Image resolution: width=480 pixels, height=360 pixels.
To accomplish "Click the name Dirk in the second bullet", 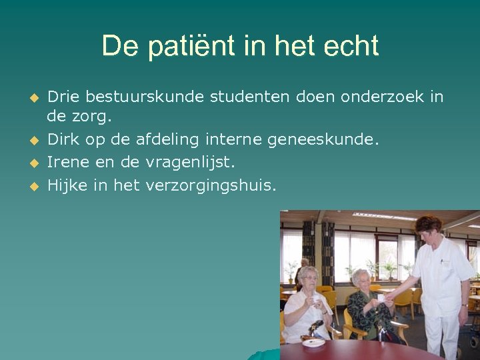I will (65, 139).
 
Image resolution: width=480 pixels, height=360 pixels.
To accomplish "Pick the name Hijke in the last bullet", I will (67, 185).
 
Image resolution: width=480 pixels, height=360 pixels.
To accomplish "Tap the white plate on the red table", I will (313, 342).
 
